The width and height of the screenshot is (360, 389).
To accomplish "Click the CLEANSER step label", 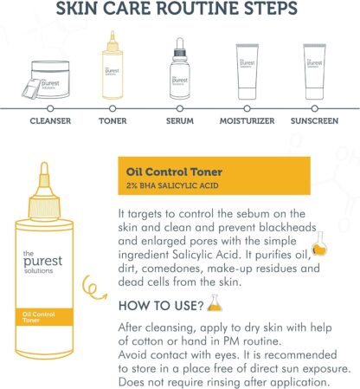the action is (50, 120).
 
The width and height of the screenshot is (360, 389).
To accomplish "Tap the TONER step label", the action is (112, 120).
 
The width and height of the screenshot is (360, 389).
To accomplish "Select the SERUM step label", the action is (180, 120).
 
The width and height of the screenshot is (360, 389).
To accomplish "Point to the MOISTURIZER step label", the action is (247, 120).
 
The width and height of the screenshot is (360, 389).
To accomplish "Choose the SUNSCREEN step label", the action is (314, 120).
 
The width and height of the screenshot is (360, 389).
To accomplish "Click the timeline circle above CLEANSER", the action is (50, 108).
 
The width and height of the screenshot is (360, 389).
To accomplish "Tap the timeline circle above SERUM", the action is (180, 108).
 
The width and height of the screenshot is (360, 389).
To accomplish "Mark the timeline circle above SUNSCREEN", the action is (315, 108).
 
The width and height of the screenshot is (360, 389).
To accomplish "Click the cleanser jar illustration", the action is (46, 80).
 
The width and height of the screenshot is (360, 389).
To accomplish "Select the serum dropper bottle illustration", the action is (180, 68).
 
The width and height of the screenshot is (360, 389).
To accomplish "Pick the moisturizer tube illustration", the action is (247, 72).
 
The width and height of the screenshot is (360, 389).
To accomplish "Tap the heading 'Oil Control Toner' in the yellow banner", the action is (174, 172).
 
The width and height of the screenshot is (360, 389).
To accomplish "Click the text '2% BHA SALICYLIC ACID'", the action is (172, 185).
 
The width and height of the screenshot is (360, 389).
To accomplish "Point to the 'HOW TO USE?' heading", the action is (161, 306).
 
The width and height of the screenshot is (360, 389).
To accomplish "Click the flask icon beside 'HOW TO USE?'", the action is (215, 303).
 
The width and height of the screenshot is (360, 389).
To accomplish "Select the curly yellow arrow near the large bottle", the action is (93, 289).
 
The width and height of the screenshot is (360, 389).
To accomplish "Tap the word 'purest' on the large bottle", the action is (42, 261).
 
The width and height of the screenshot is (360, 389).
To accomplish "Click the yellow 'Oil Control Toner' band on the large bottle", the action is (44, 317).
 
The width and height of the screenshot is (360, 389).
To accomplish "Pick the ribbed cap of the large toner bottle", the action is (44, 207).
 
